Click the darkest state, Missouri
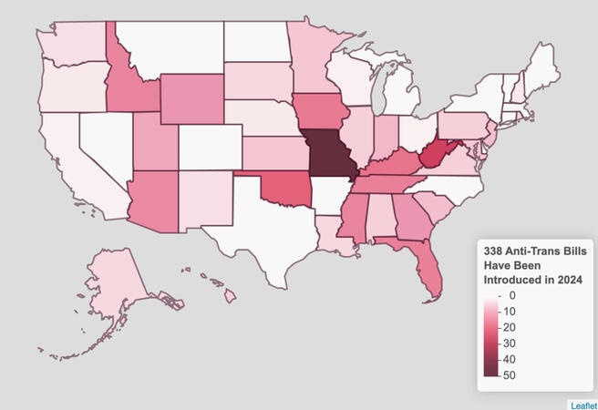tap(329, 154)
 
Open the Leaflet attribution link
tap(583, 404)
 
